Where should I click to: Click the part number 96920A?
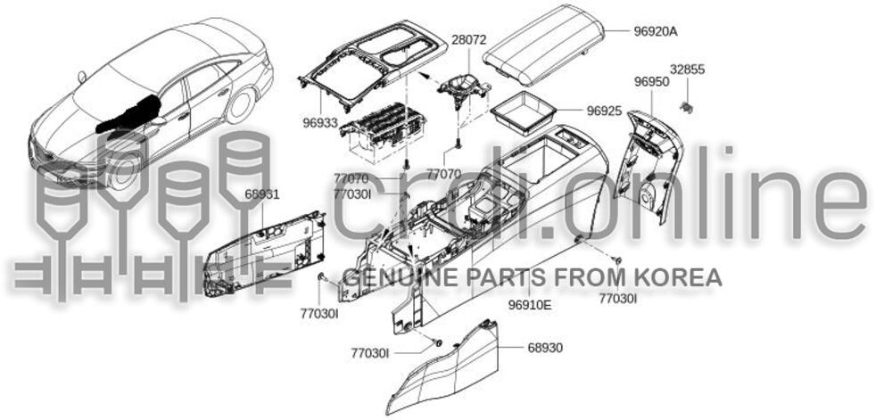[656, 32]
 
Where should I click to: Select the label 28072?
[469, 40]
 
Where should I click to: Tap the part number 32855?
[687, 70]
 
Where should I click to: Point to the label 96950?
[652, 82]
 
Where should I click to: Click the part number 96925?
[604, 111]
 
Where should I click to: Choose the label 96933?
[319, 122]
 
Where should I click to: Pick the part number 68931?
[262, 194]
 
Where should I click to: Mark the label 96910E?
[530, 305]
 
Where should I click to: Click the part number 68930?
[545, 347]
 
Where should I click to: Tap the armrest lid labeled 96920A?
[542, 44]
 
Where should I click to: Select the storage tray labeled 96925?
[523, 113]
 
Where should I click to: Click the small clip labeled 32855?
[687, 106]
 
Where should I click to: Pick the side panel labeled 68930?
[443, 369]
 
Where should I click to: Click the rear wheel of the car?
[239, 106]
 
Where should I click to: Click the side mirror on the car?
[158, 120]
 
